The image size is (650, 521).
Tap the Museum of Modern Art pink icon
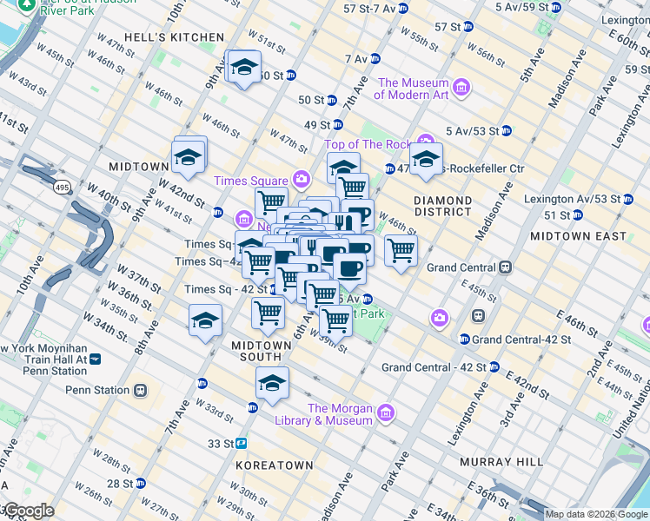tap(461, 88)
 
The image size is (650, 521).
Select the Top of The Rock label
tap(368, 144)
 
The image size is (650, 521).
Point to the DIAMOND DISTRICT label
tap(443, 206)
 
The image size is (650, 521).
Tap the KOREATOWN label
tap(274, 465)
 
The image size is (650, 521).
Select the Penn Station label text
tap(96, 390)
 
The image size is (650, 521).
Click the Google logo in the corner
tap(28, 511)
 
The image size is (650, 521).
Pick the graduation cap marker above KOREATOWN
tap(272, 382)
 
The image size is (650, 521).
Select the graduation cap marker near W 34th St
tap(205, 320)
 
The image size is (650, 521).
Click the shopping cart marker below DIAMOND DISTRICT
tap(400, 250)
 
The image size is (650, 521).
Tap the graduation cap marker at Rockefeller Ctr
tap(426, 159)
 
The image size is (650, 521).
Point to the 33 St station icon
tap(241, 443)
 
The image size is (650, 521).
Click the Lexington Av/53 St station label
tap(573, 199)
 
